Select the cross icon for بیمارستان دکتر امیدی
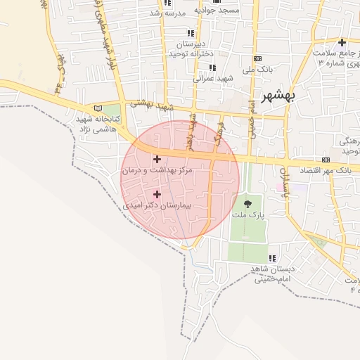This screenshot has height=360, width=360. click(157, 194)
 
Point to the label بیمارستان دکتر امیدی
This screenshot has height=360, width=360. click(157, 207)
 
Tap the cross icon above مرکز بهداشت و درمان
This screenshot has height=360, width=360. click(156, 159)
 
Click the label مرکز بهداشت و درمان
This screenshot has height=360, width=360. click(157, 171)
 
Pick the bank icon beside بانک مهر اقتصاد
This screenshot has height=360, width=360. click(325, 160)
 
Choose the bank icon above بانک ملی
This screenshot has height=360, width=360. click(257, 58)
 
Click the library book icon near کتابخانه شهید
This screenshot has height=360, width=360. click(98, 108)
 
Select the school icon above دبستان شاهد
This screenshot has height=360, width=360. click(272, 258)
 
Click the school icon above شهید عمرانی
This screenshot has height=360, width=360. click(212, 67)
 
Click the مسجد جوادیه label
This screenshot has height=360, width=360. click(219, 11)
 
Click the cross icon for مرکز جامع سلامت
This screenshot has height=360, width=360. click(342, 43)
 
